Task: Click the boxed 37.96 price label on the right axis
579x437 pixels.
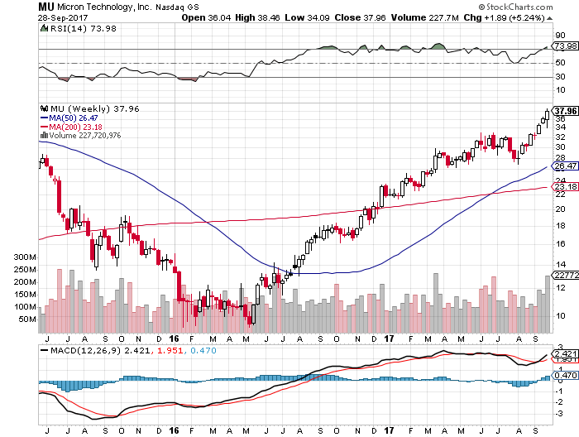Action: [x=565, y=110]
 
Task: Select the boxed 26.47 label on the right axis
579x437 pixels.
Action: [x=564, y=166]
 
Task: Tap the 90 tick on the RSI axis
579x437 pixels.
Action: [x=560, y=36]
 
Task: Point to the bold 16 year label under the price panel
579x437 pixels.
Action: [x=175, y=338]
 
